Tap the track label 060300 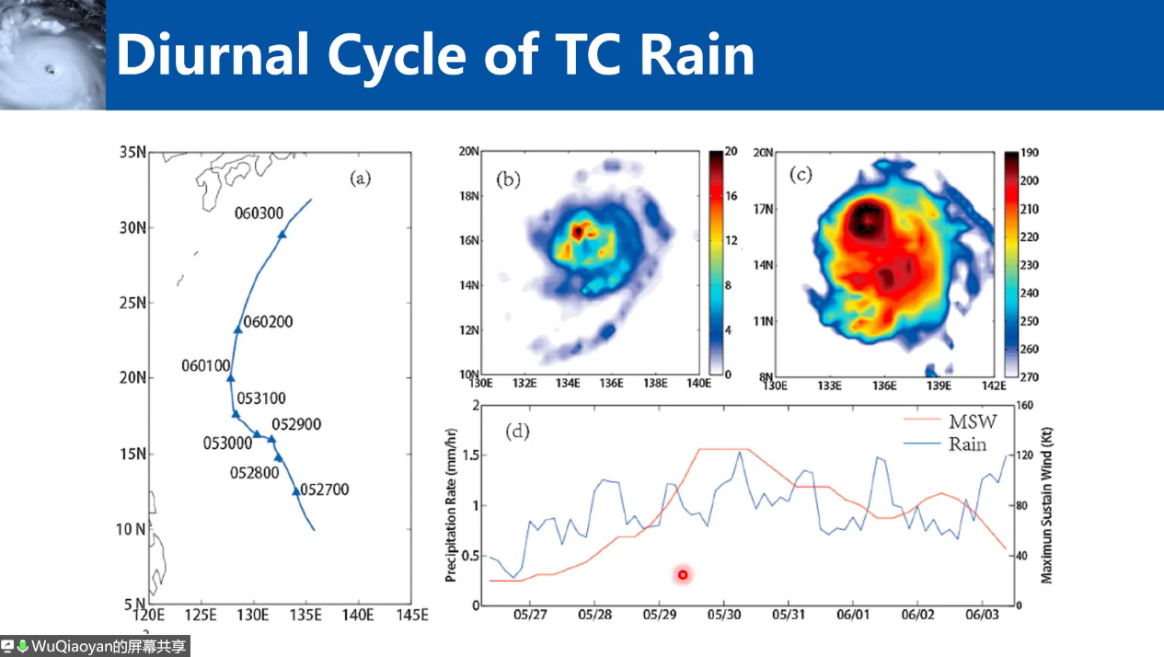259,213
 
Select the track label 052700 324,490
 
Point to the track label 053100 261,398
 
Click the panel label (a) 360,179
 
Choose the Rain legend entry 969,444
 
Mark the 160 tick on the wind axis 1024,405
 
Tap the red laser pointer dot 683,575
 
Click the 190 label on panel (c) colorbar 1030,153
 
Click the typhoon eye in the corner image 49,69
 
